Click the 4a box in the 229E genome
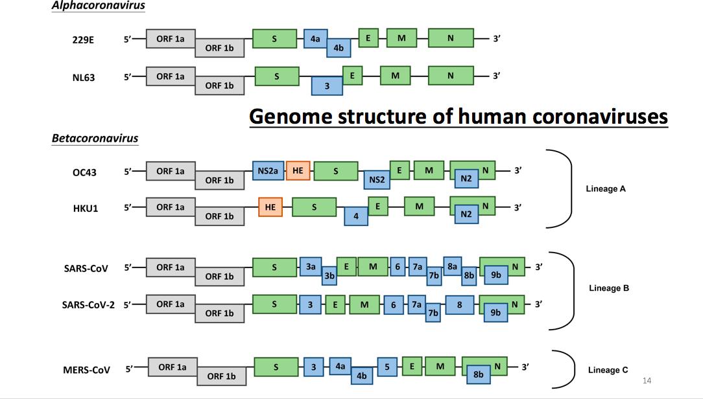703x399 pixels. pyautogui.click(x=315, y=39)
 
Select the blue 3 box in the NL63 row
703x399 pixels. pyautogui.click(x=327, y=85)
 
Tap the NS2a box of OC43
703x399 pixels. pyautogui.click(x=268, y=171)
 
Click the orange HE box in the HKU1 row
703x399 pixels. pyautogui.click(x=270, y=207)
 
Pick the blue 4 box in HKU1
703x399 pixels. pyautogui.click(x=356, y=216)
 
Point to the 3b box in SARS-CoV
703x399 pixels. pyautogui.click(x=329, y=275)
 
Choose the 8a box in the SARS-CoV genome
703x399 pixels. pyautogui.click(x=452, y=266)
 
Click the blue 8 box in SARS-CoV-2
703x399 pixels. pyautogui.click(x=459, y=304)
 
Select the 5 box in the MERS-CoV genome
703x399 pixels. pyautogui.click(x=387, y=367)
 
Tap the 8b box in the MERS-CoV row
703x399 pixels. pyautogui.click(x=479, y=374)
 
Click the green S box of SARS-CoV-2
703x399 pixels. pyautogui.click(x=275, y=304)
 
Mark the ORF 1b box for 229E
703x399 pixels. pyautogui.click(x=219, y=48)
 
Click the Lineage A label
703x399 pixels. pyautogui.click(x=606, y=189)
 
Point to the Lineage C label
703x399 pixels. pyautogui.click(x=608, y=370)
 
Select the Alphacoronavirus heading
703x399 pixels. pyautogui.click(x=99, y=6)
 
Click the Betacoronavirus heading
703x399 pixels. pyautogui.click(x=95, y=138)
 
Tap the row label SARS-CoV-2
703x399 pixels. pyautogui.click(x=88, y=304)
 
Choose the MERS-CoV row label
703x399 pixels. pyautogui.click(x=86, y=370)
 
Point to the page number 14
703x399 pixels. pyautogui.click(x=647, y=380)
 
